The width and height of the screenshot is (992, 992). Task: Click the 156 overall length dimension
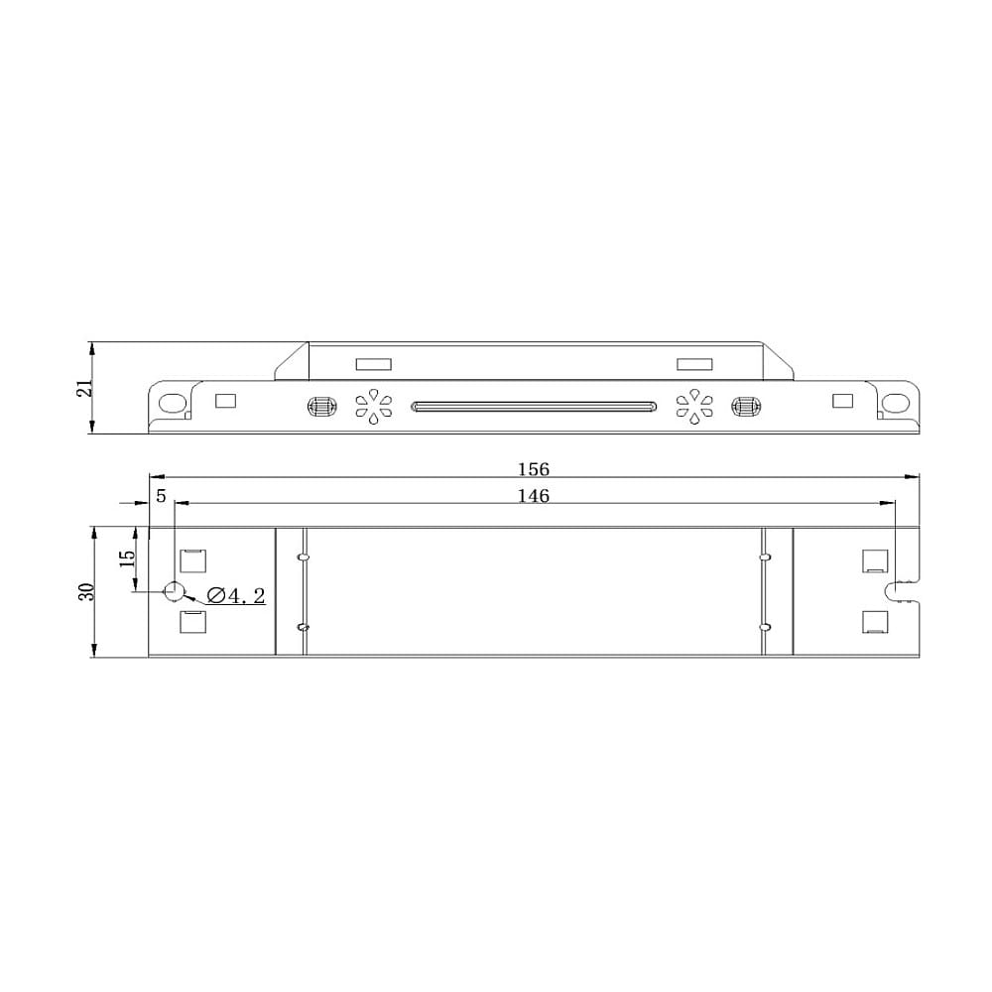(x=534, y=469)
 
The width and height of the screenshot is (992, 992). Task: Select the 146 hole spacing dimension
(x=534, y=496)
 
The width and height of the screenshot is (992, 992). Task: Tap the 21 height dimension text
(x=84, y=388)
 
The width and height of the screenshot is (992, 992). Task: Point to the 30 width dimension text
(x=86, y=591)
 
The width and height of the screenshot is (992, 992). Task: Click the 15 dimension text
(x=127, y=558)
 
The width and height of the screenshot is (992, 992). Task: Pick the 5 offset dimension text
(x=161, y=496)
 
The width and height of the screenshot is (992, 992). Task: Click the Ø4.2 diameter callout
(x=236, y=595)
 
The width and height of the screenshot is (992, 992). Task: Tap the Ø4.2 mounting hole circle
(x=174, y=591)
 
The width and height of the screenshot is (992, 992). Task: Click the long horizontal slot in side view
(x=534, y=406)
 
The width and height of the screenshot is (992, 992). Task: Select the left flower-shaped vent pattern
(x=373, y=406)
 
